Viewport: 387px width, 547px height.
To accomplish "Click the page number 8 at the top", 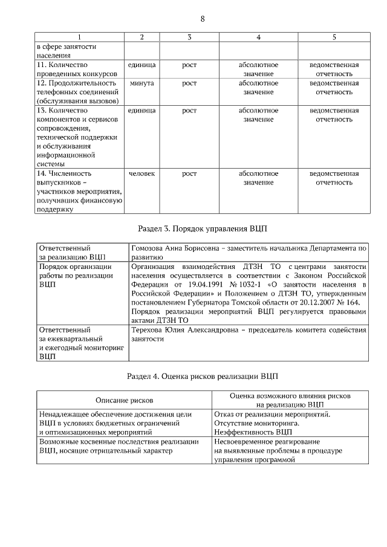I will click(203, 19).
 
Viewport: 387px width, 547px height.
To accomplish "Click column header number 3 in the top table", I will click(189, 37).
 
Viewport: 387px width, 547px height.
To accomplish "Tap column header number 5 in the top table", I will click(334, 37).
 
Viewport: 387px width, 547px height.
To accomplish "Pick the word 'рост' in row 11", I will click(189, 65).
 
